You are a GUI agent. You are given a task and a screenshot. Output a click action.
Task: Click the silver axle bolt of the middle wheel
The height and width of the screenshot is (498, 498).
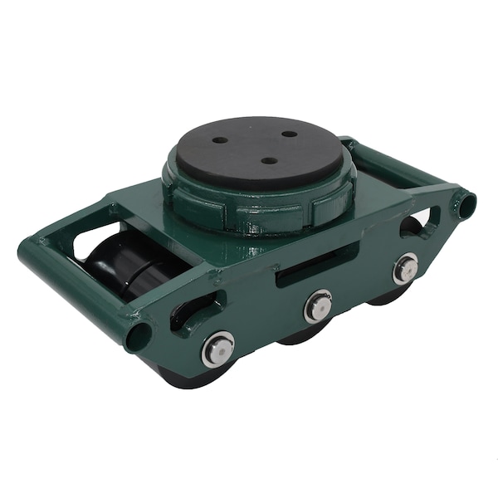(318, 306)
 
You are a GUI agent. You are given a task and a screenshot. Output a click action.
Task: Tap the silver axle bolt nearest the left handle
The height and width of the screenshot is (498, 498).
(218, 349)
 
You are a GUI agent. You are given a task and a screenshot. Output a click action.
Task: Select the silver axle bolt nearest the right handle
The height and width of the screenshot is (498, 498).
(405, 267)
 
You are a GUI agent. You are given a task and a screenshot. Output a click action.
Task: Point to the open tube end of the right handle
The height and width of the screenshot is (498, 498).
(467, 203)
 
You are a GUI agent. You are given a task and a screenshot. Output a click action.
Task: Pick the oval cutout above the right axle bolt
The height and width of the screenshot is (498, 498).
(411, 225)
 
